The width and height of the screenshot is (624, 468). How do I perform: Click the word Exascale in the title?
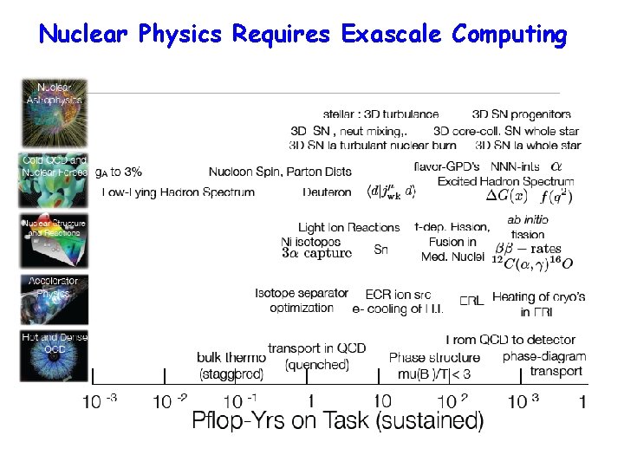[x=393, y=35]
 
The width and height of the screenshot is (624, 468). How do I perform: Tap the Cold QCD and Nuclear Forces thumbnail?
[x=54, y=179]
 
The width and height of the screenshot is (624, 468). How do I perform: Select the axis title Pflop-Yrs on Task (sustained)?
[x=337, y=423]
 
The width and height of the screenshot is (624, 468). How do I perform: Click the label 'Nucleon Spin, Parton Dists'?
[x=280, y=172]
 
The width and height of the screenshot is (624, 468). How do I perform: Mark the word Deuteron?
[x=327, y=192]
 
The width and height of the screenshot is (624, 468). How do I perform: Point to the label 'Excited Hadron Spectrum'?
[x=505, y=181]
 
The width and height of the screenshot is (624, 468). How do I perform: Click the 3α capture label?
[x=316, y=254]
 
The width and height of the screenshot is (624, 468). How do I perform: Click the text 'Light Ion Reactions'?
[x=348, y=227]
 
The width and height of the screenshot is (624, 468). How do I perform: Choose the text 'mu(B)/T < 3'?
[x=430, y=374]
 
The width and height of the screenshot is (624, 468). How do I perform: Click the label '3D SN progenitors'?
[x=521, y=114]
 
